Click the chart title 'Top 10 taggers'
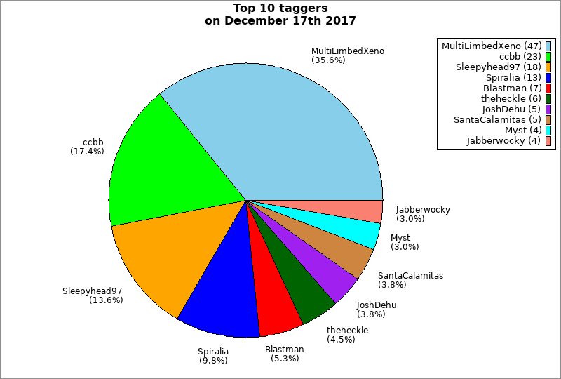point(280,8)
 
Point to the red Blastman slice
point(273,295)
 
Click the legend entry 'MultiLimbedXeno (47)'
point(491,46)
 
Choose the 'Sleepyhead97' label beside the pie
point(92,291)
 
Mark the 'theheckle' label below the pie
point(347,331)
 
